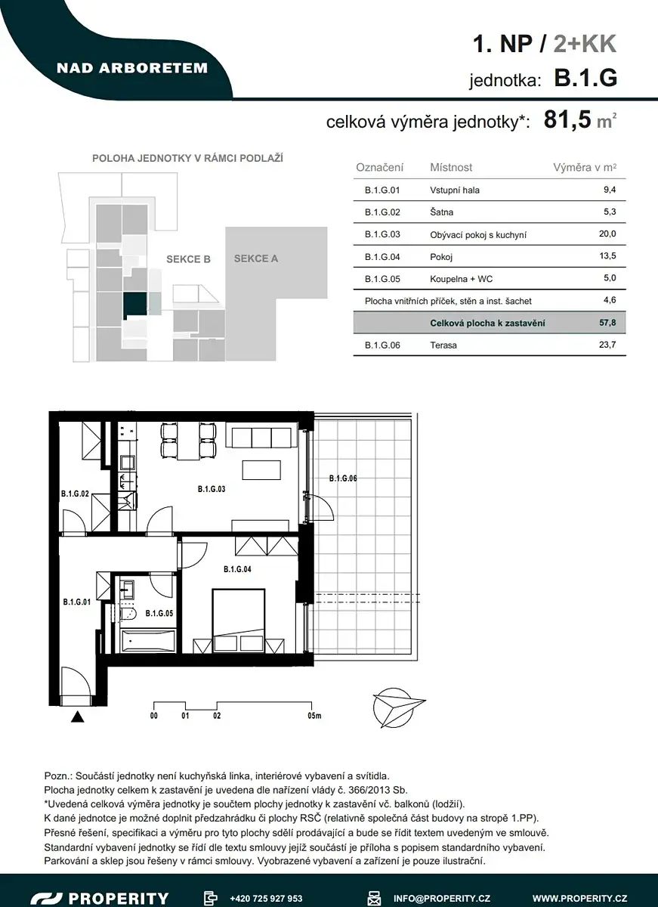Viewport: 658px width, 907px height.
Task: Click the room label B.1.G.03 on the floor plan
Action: click(212, 489)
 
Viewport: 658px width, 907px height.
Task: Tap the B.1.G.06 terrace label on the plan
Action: click(343, 478)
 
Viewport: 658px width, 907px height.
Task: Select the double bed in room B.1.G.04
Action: click(239, 621)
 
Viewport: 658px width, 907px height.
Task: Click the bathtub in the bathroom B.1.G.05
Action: click(148, 642)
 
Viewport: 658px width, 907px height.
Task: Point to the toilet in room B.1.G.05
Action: click(128, 614)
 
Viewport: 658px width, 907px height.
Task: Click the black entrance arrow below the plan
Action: click(77, 717)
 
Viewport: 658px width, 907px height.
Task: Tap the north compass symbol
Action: click(399, 707)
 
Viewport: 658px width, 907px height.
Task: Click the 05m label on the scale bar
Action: click(314, 716)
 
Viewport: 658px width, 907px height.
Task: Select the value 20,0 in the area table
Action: click(607, 234)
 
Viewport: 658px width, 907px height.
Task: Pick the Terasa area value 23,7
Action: click(607, 345)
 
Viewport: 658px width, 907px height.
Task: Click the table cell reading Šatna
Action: click(441, 212)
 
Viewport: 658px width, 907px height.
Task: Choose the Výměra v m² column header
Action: click(585, 167)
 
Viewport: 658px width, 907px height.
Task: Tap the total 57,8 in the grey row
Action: click(607, 323)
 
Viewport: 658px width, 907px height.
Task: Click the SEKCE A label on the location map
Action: click(256, 258)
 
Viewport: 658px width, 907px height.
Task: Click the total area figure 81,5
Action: click(567, 119)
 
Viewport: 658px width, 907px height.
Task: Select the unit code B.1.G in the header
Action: click(585, 77)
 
